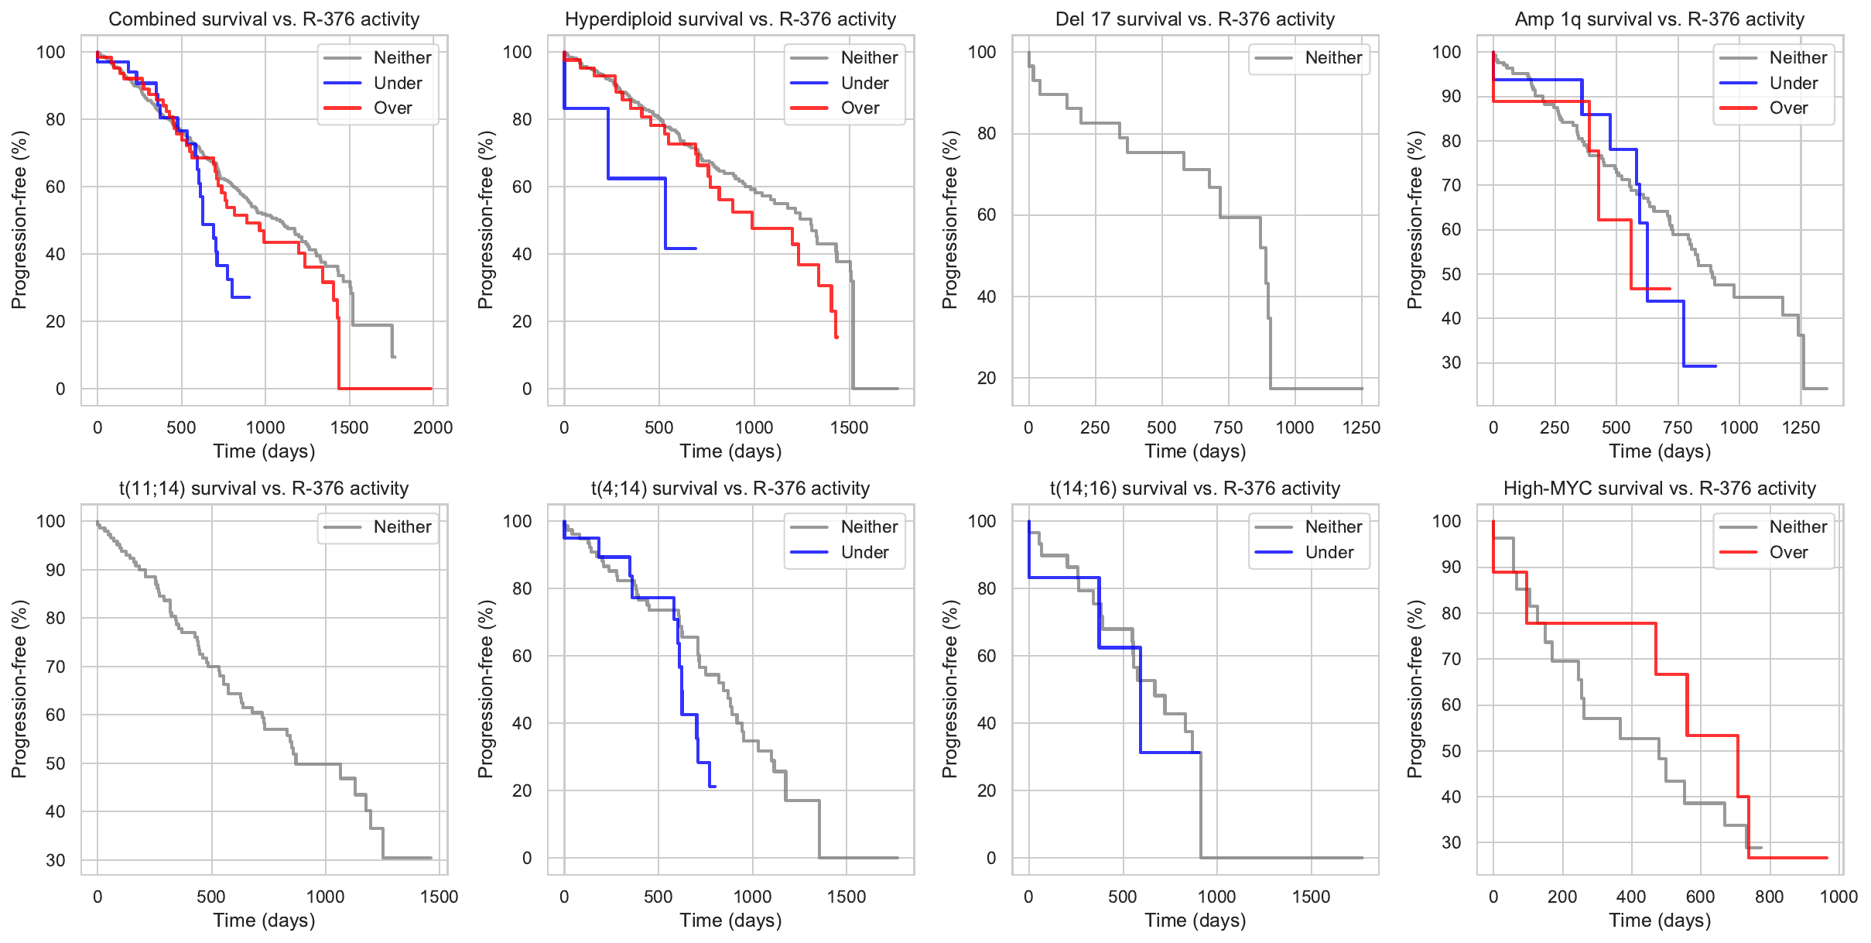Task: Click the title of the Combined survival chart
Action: pos(264,19)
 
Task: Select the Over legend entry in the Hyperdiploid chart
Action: pos(860,108)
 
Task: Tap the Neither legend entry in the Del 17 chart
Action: pos(1333,58)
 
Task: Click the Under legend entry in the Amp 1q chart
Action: pos(1793,84)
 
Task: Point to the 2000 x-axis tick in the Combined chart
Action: pos(433,427)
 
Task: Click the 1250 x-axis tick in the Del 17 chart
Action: pos(1361,427)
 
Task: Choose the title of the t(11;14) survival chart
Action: pos(264,489)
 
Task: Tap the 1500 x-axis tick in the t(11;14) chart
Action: pos(439,897)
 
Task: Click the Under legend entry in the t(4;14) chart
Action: pos(864,553)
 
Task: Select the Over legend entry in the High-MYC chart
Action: pos(1788,553)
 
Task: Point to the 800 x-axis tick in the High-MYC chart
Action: pos(1770,897)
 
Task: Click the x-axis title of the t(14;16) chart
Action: pos(1195,921)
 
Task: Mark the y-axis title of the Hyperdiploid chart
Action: pos(485,220)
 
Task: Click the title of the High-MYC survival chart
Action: pos(1659,489)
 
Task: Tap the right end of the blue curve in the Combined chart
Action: pos(249,297)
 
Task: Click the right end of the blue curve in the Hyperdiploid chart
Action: pos(696,249)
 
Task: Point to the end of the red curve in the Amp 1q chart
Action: pos(1670,289)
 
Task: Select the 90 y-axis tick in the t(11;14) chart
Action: pos(55,570)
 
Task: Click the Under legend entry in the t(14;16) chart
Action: pos(1329,553)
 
